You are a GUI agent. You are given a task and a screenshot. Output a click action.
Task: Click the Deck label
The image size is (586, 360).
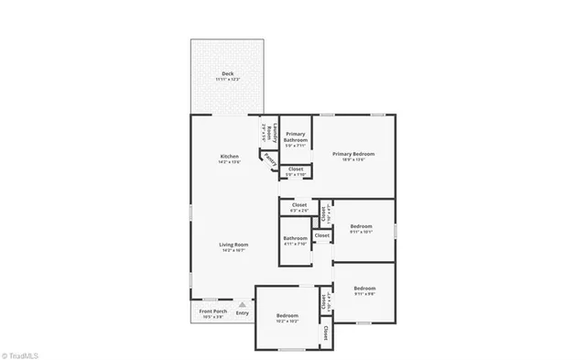tap(226, 73)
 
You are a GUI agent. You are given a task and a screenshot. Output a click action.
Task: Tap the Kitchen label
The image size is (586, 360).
tap(230, 156)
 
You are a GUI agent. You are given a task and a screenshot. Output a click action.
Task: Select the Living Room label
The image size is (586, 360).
tap(233, 244)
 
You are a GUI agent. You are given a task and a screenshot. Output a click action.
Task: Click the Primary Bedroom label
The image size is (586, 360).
tap(353, 154)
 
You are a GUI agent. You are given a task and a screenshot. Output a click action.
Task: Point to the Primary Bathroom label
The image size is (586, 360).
tap(294, 137)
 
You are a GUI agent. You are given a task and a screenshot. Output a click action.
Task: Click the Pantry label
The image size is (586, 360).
tap(270, 158)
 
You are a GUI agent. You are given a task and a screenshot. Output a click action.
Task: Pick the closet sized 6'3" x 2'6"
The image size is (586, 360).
tap(298, 207)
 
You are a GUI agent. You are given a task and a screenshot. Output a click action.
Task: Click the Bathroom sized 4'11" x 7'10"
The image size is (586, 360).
tap(296, 241)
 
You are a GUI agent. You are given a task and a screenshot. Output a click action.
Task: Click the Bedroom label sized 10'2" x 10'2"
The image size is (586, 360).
tap(288, 318)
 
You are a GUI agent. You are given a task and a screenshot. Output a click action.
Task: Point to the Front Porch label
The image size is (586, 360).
tap(212, 311)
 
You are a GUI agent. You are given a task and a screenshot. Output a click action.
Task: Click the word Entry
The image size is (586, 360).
tap(242, 313)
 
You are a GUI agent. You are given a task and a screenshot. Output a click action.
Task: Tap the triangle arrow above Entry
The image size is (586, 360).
tap(242, 304)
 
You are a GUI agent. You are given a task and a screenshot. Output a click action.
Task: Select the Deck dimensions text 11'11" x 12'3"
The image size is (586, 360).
tap(226, 80)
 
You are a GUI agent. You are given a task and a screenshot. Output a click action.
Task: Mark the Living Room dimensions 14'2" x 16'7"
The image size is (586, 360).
tap(233, 250)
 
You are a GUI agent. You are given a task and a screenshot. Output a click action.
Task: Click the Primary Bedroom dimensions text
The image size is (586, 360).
tap(353, 160)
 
